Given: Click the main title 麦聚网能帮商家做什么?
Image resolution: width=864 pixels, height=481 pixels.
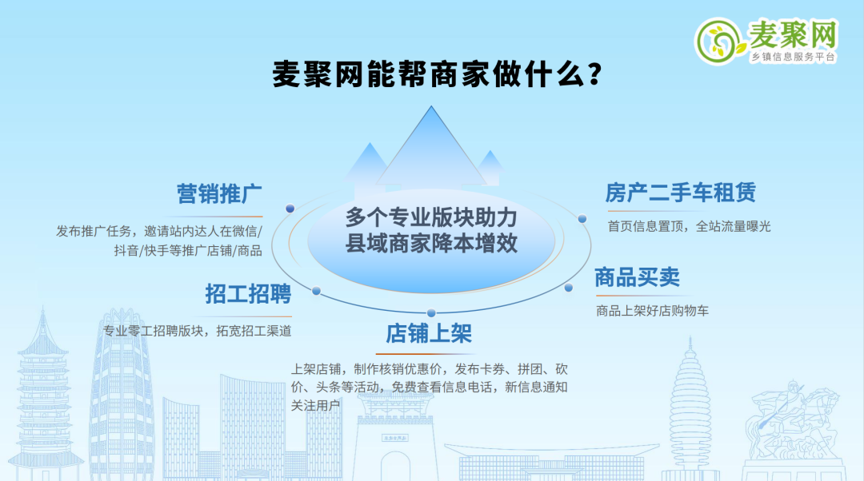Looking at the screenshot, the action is [437, 74].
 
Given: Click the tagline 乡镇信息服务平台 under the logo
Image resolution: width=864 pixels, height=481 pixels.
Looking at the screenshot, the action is [793, 57].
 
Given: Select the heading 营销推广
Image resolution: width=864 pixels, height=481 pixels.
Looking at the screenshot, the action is [219, 193].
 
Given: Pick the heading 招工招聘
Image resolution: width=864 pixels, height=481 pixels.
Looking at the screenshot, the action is [248, 294].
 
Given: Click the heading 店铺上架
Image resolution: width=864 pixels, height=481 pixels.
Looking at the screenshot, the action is [429, 333].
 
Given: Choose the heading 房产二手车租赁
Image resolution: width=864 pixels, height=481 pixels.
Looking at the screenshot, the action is [681, 193].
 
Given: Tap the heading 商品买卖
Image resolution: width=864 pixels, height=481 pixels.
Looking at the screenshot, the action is [638, 277].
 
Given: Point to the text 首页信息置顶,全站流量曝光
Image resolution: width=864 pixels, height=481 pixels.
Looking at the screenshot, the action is [689, 226].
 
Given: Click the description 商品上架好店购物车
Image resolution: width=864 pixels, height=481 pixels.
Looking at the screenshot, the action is [653, 311].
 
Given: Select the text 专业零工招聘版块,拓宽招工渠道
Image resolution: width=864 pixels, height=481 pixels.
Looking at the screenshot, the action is [198, 331].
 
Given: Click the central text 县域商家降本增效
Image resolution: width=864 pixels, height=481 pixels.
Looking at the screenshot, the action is [431, 244].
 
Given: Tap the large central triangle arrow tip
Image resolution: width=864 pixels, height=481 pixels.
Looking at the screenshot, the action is [431, 107].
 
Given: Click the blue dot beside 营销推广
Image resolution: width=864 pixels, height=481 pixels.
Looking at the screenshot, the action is [290, 209].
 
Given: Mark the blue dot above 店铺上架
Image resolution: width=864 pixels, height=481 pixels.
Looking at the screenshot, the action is [431, 313].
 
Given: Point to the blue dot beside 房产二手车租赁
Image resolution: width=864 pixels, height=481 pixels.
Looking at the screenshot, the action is [582, 219].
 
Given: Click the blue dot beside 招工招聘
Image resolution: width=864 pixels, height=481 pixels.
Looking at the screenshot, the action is [316, 291].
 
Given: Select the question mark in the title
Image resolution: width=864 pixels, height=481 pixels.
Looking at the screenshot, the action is [594, 74].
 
